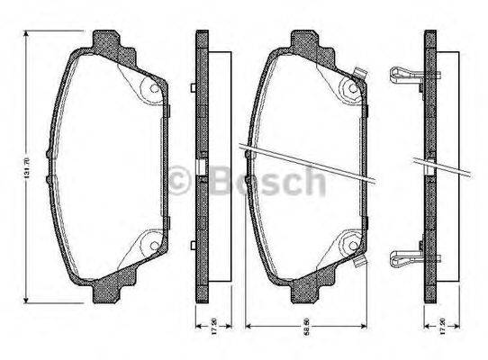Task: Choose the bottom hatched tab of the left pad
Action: (x=106, y=290)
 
